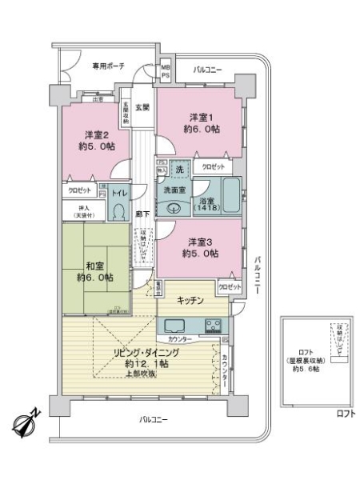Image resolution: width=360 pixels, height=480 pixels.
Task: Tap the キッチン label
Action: pyautogui.click(x=190, y=300)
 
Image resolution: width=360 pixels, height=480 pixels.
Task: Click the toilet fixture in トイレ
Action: pyautogui.click(x=120, y=210)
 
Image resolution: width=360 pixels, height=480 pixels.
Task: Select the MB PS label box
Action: pyautogui.click(x=166, y=71)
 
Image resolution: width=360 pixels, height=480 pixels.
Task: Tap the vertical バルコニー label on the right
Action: pyautogui.click(x=258, y=276)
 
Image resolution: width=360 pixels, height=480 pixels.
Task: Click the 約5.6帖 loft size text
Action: pyautogui.click(x=306, y=370)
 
